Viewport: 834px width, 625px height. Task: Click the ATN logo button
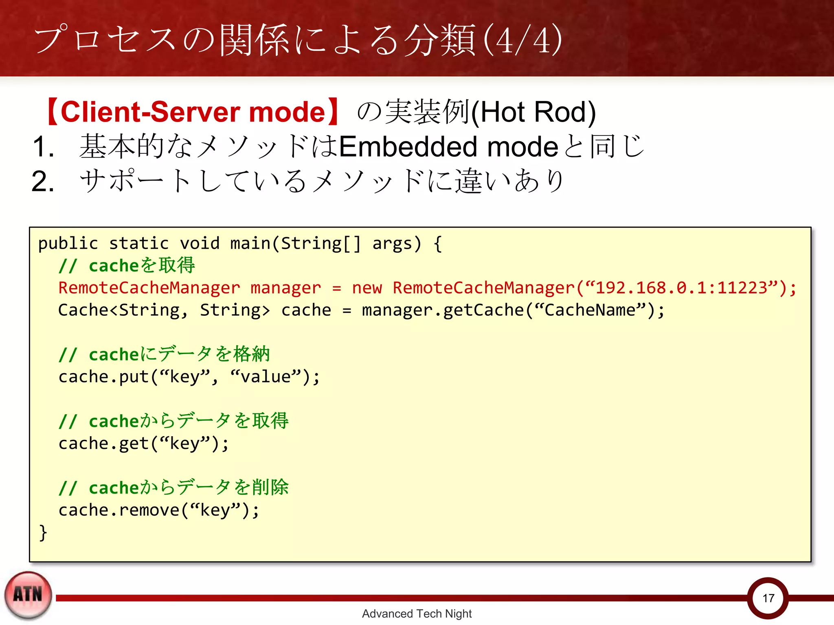coord(28,595)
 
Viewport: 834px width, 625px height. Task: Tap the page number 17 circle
coord(768,598)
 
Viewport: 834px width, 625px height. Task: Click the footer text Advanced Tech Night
coord(417,614)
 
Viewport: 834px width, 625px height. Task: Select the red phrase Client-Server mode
coord(193,112)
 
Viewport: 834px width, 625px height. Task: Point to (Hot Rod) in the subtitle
coord(533,112)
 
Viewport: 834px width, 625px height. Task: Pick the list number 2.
coord(43,181)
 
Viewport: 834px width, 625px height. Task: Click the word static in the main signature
coord(139,244)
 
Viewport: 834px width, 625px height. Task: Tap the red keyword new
coord(367,288)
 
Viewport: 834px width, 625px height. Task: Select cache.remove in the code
coord(119,510)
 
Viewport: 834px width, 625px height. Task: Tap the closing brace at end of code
coord(43,532)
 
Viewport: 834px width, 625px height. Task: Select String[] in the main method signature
coord(320,244)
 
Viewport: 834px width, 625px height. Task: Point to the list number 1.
coord(43,147)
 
